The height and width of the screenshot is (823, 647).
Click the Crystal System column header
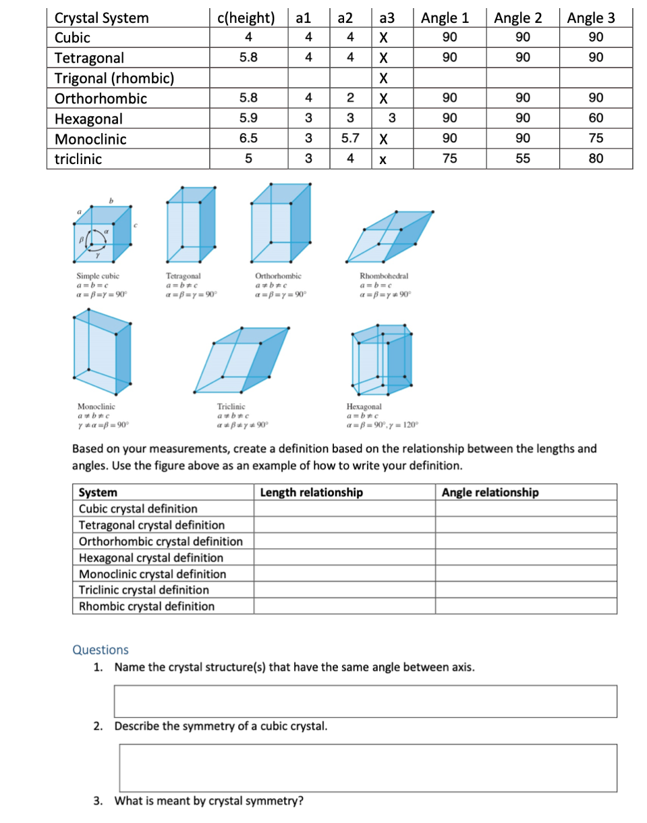(x=102, y=18)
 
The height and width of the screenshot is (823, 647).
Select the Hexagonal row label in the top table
(x=89, y=119)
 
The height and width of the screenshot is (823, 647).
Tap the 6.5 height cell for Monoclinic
(x=248, y=139)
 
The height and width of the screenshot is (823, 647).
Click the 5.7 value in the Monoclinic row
(x=349, y=139)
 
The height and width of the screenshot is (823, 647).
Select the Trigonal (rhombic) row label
(x=114, y=78)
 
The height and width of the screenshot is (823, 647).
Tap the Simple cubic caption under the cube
(x=98, y=276)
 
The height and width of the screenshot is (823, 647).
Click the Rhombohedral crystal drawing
(x=389, y=237)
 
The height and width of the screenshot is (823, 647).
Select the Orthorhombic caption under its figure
(x=279, y=276)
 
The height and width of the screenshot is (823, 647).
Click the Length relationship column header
(x=312, y=492)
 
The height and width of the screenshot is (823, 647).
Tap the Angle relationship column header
(x=490, y=492)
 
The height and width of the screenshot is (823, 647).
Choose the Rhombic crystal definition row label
(x=147, y=606)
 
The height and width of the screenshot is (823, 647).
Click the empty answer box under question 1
(x=365, y=701)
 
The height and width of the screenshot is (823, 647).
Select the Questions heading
(x=101, y=649)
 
